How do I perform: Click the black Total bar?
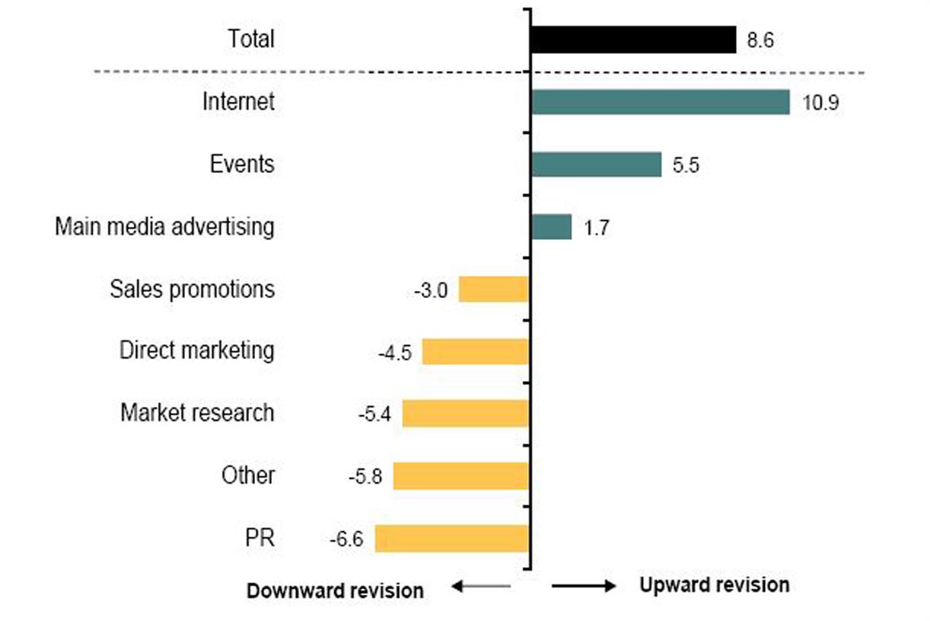point(633,40)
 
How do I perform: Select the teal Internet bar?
point(661,102)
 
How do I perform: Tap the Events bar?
point(596,165)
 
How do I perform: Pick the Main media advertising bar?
point(551,227)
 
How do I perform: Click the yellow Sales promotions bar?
point(493,290)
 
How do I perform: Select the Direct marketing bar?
point(475,352)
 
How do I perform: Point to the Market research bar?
point(465,414)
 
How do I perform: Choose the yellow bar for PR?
point(451,538)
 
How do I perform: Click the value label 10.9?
point(820,103)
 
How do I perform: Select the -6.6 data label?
point(346,539)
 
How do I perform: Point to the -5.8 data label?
point(365,477)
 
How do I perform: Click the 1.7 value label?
point(596,228)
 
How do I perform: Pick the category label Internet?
point(237,102)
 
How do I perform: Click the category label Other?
point(248,475)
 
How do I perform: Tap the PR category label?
point(256,538)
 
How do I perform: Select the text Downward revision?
point(335,591)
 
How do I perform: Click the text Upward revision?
point(714,585)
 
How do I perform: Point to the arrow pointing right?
point(584,585)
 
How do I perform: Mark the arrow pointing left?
point(480,585)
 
